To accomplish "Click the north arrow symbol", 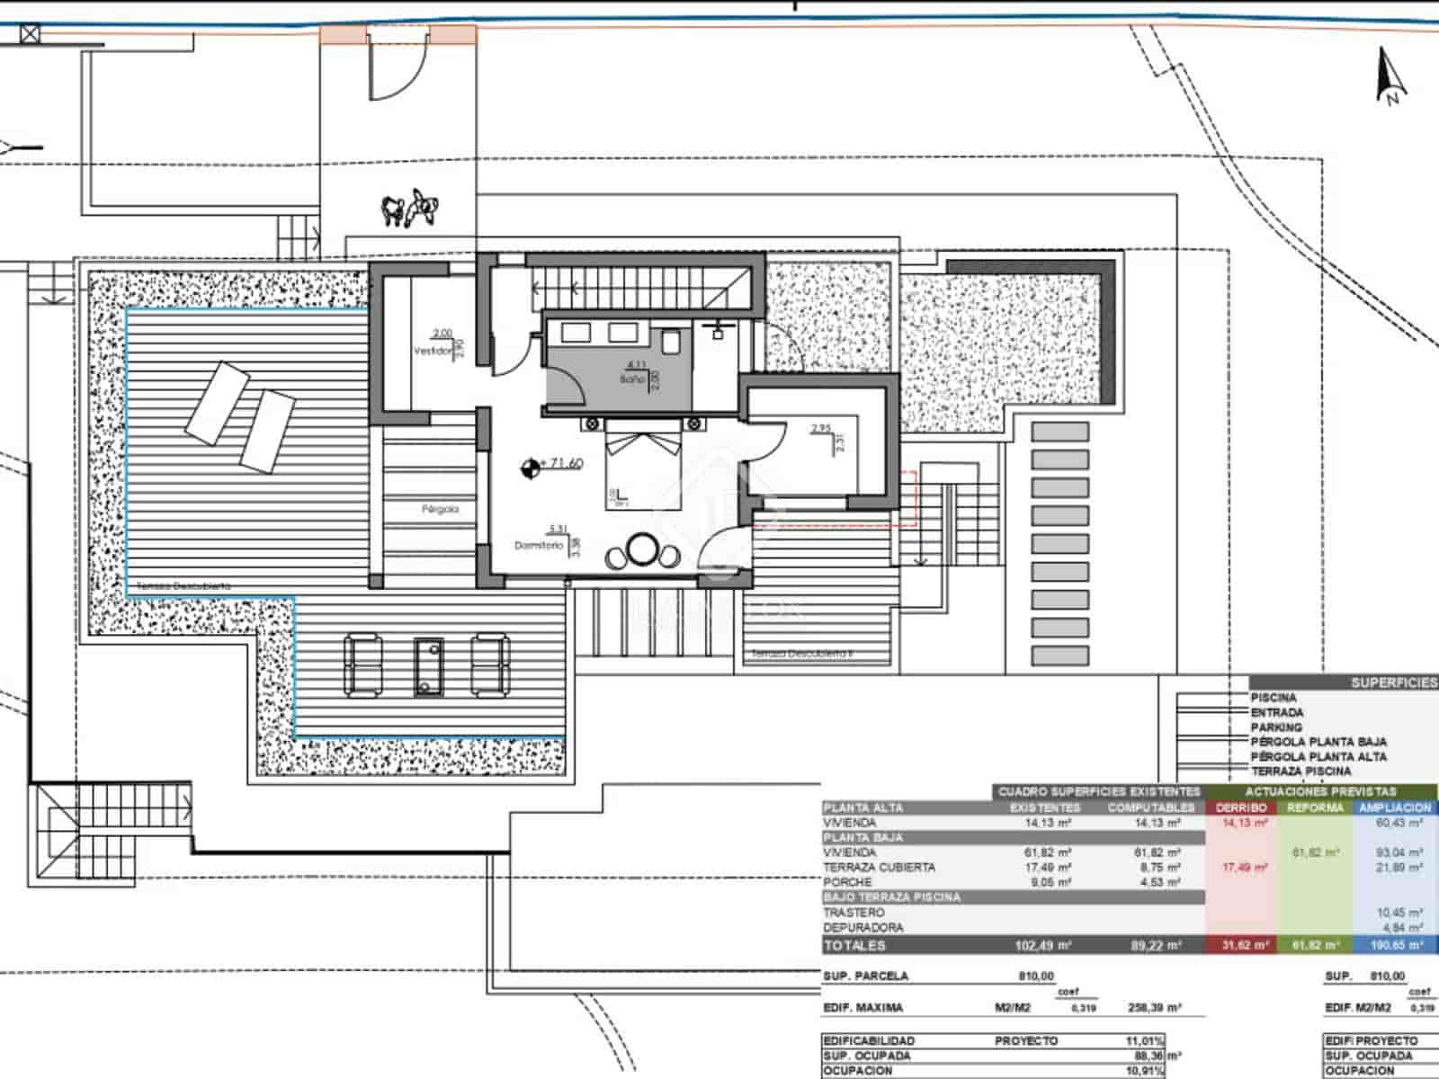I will (1390, 77).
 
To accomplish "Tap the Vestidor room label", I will (431, 351).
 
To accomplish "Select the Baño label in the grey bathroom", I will (631, 379).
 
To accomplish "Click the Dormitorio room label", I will (538, 545).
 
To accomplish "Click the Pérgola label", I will (440, 509).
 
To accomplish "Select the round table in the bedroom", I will (643, 549).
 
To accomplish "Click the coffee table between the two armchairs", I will (429, 666).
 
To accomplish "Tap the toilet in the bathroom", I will (671, 341).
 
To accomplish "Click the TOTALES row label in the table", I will (854, 945).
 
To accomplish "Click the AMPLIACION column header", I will (1395, 807).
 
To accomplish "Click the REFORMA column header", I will (1315, 807).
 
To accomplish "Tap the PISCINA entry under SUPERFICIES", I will (1274, 698).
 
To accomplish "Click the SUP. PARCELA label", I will (865, 976).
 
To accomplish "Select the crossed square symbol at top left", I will (31, 35).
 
